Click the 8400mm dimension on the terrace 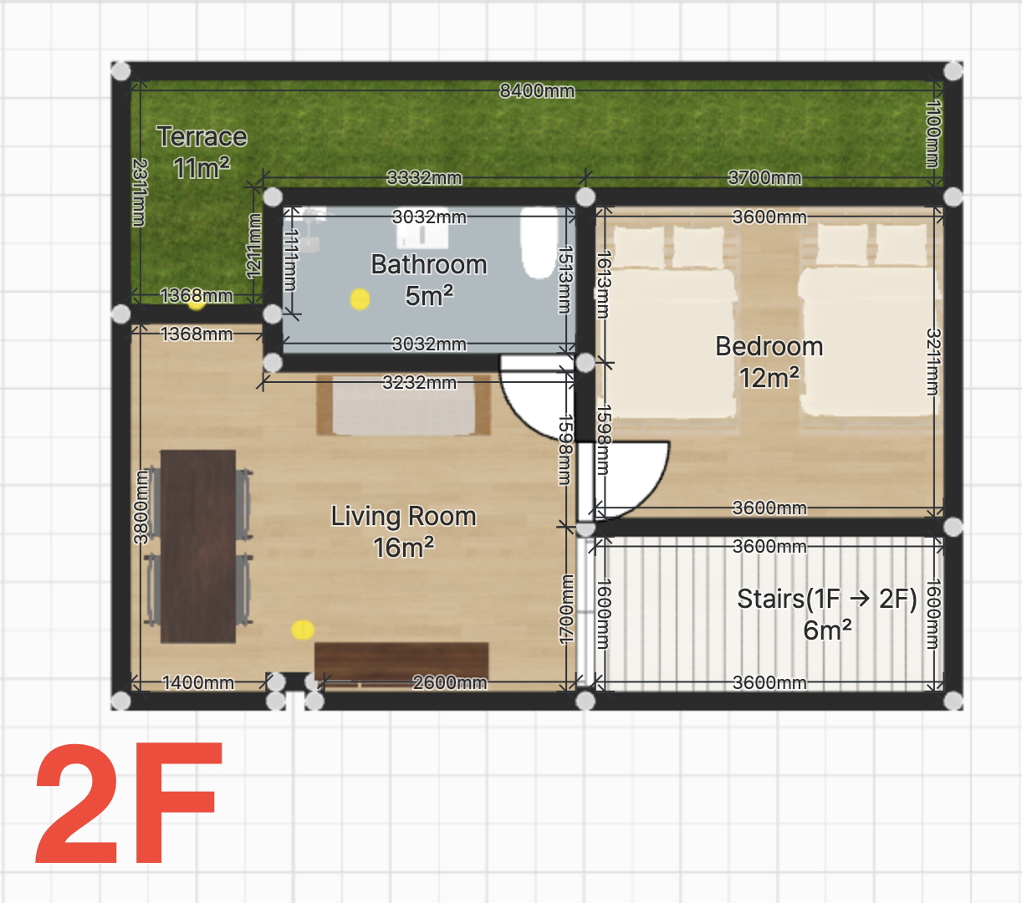(x=537, y=91)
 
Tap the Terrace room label (x=202, y=152)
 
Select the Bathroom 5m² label (x=429, y=279)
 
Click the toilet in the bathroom (x=539, y=242)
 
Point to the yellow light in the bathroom (x=360, y=298)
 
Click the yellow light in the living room (x=303, y=630)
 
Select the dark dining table (x=197, y=546)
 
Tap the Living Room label (x=404, y=532)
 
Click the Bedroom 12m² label (x=769, y=362)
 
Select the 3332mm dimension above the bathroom (x=424, y=177)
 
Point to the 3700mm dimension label (x=764, y=177)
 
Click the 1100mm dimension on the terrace (x=933, y=134)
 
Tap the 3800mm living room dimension (x=141, y=507)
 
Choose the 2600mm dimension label (x=450, y=682)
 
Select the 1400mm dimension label (x=197, y=682)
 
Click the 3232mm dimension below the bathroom (x=419, y=382)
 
